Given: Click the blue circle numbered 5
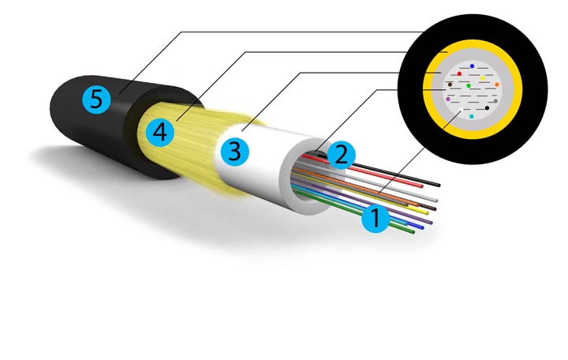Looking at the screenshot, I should [96, 99].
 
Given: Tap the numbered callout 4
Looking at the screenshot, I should [160, 132].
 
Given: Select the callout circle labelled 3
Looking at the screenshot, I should [234, 151].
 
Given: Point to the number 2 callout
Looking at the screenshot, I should [341, 155].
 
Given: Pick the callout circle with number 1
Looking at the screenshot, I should [376, 218].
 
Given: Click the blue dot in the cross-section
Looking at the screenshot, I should [472, 66].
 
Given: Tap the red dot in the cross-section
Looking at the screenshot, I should [459, 73].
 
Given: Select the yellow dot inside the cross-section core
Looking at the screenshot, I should [482, 78].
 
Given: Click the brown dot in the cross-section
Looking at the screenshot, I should [450, 84].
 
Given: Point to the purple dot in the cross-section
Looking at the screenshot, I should [448, 99].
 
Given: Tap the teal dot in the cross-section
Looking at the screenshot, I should [472, 116].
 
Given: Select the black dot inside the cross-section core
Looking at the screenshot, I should [488, 107].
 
